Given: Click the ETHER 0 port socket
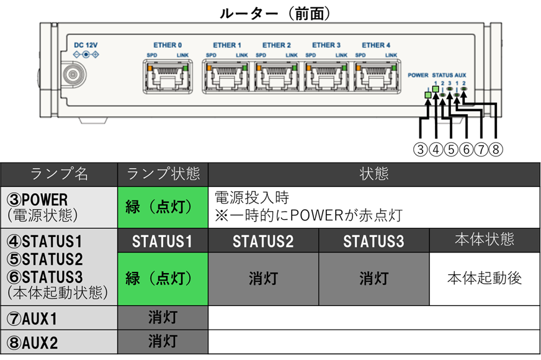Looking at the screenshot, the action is [x=168, y=76].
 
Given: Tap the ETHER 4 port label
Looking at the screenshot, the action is [x=376, y=45].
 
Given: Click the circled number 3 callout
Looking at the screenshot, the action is [x=420, y=150].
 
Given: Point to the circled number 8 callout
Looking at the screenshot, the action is [x=496, y=150].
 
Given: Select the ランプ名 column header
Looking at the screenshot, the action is [x=59, y=174].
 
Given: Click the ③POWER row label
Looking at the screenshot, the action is [x=59, y=207].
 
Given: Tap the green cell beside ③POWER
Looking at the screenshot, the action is [x=163, y=207].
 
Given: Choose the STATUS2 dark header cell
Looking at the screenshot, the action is [x=263, y=241].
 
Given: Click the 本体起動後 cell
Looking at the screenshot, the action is [x=485, y=279].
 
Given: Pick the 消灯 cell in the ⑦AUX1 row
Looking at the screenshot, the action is [x=163, y=318].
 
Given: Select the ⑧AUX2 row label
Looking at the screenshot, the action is [x=59, y=342].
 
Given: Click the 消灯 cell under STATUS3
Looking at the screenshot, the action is [x=374, y=279].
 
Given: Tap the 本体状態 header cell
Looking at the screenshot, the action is [x=485, y=240].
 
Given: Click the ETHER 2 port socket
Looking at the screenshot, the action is [x=276, y=76].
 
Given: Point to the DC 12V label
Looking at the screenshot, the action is [x=86, y=45].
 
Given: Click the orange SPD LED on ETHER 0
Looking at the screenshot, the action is [x=150, y=68].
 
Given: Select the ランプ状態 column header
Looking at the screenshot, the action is [x=163, y=174].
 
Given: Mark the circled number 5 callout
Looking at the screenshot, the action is [x=450, y=150].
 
